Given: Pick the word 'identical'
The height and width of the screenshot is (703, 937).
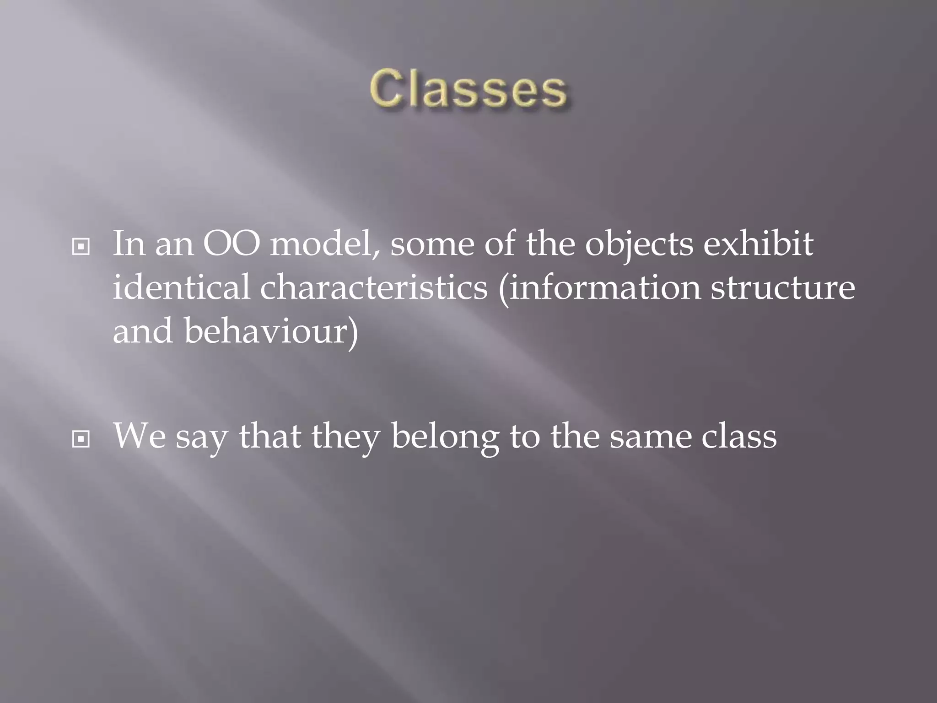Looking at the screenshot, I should (x=181, y=287).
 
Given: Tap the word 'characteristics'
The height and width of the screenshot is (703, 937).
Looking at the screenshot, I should (x=374, y=287).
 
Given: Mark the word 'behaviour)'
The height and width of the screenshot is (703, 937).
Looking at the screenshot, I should (x=271, y=331).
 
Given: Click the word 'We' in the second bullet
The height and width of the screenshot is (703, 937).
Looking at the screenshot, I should (x=139, y=436).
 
